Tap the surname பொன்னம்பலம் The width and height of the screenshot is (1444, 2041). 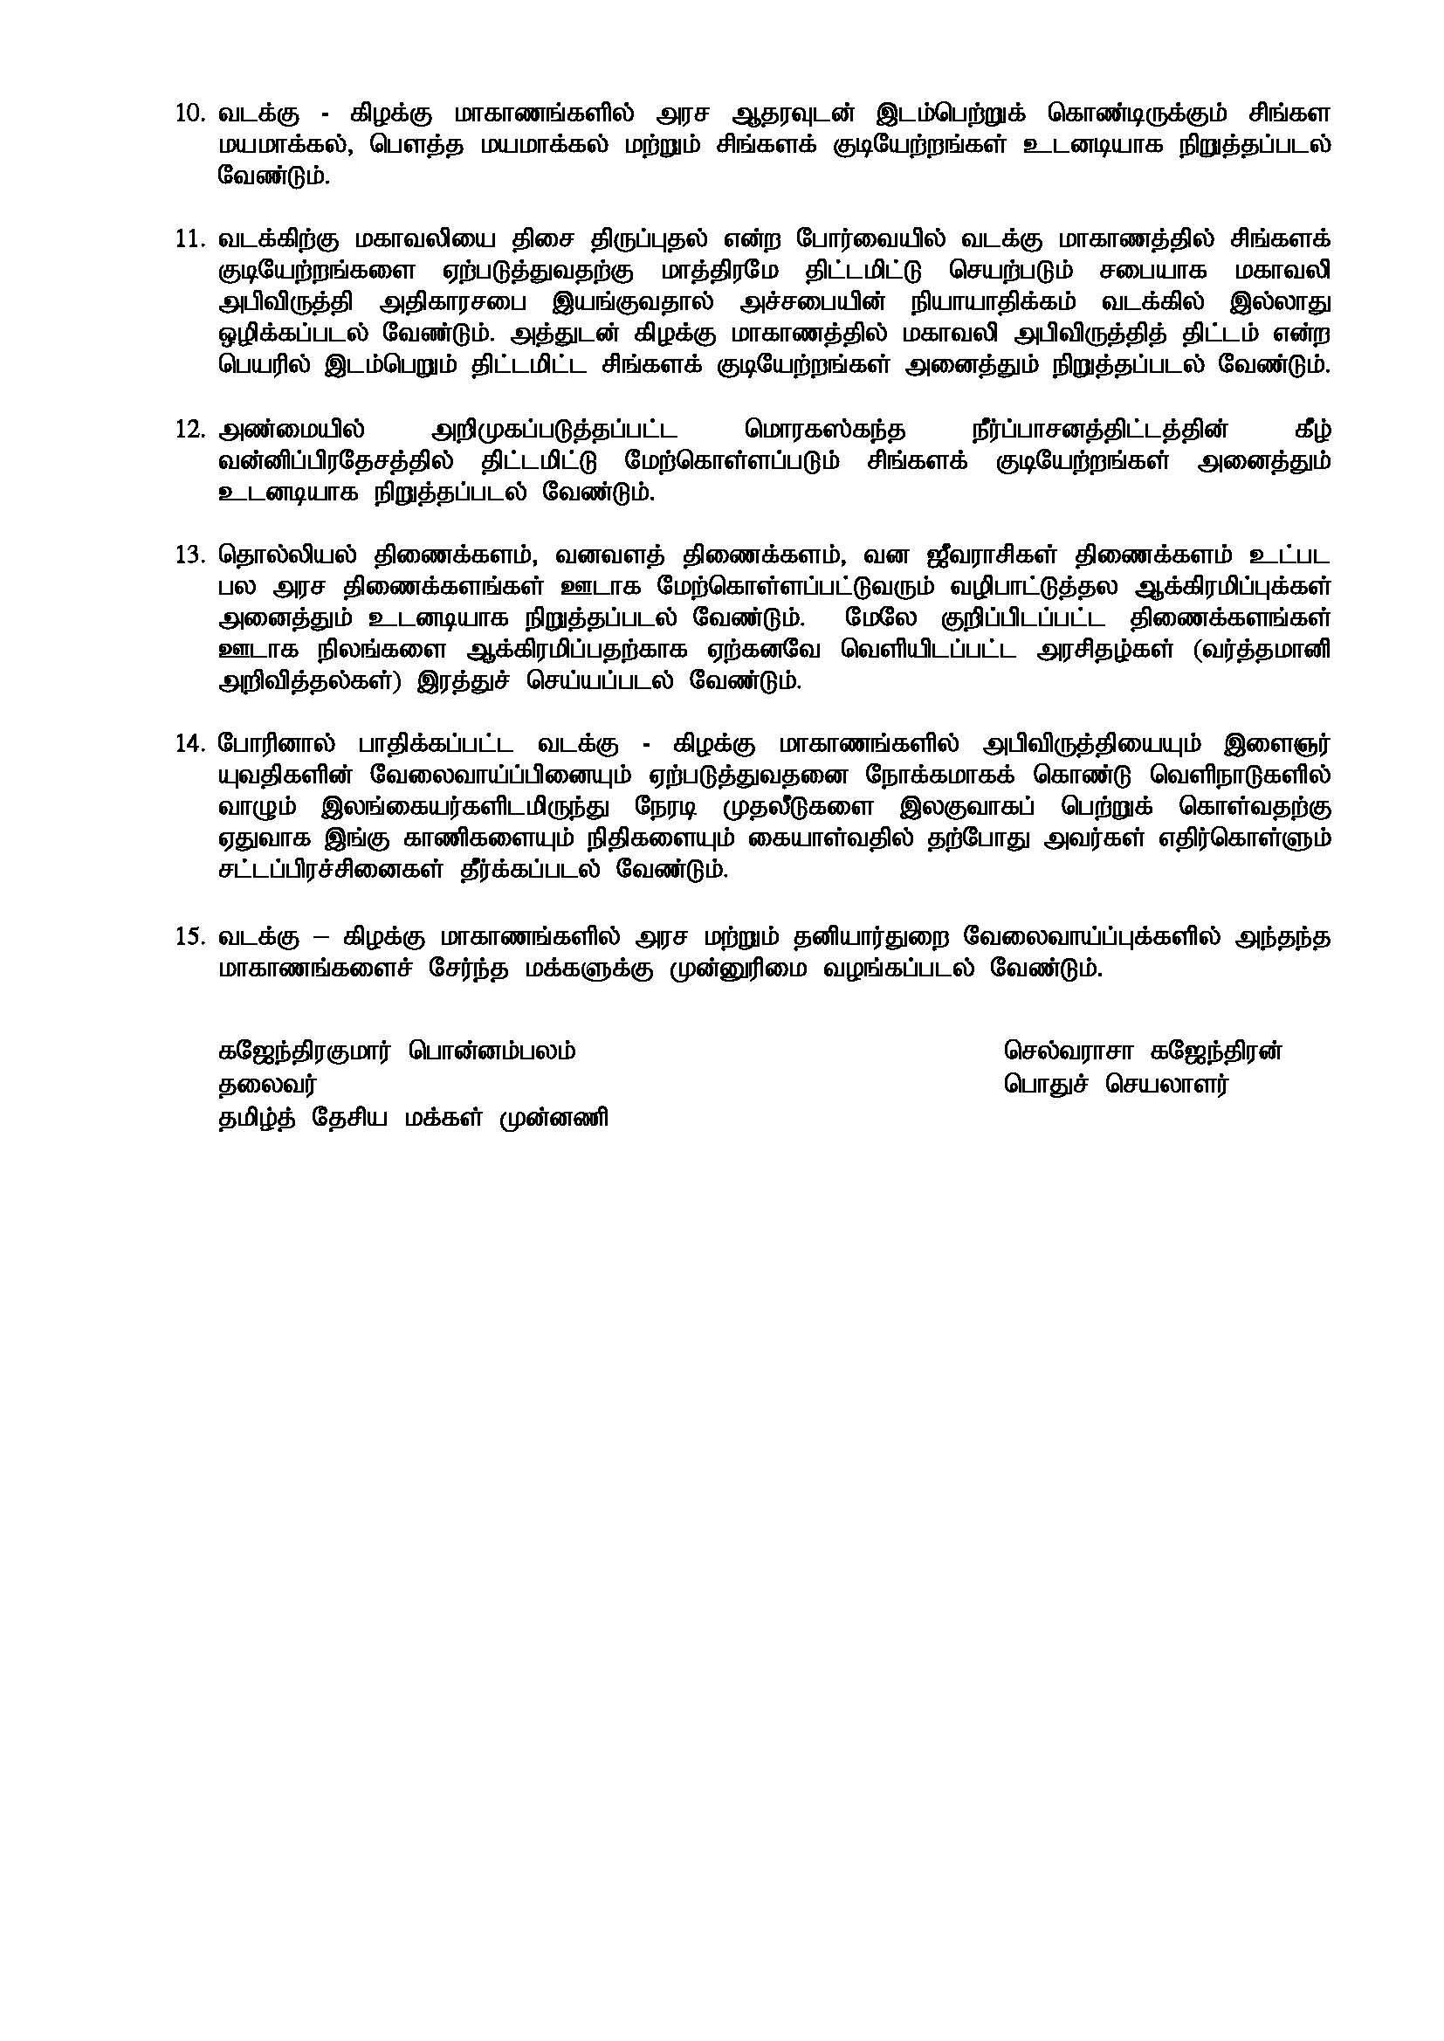(492, 1052)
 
